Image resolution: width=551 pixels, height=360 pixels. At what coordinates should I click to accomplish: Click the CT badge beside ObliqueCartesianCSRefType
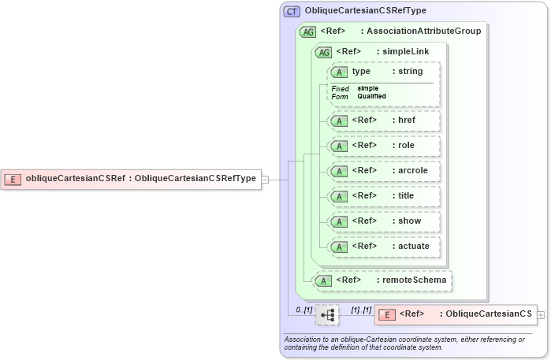point(292,11)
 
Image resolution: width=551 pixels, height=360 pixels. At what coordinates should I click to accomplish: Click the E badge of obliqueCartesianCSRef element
point(13,179)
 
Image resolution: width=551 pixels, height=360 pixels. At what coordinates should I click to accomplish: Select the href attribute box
point(384,121)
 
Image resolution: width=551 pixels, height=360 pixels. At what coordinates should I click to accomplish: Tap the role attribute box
point(384,146)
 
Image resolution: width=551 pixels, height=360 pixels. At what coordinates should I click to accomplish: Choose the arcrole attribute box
point(384,171)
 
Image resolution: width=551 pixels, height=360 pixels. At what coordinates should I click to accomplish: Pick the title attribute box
point(384,196)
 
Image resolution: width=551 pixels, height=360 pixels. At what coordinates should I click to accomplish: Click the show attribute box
point(384,221)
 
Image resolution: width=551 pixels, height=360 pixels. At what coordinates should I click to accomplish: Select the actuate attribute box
point(384,247)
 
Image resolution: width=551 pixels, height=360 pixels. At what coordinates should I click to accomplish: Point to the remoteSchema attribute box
point(383,280)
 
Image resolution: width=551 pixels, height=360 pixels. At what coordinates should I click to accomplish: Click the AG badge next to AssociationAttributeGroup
point(308,32)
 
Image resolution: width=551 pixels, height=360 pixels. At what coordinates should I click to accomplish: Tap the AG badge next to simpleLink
point(323,52)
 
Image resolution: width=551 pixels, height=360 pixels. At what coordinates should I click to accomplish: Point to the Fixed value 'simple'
point(368,88)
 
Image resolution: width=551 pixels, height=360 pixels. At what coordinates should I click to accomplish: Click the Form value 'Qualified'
point(371,96)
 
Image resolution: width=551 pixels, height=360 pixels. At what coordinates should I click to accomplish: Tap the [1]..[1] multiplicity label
point(361,310)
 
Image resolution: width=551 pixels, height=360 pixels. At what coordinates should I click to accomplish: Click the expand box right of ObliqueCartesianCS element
point(540,314)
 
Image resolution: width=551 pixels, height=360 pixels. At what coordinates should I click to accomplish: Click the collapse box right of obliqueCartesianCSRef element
point(265,179)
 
